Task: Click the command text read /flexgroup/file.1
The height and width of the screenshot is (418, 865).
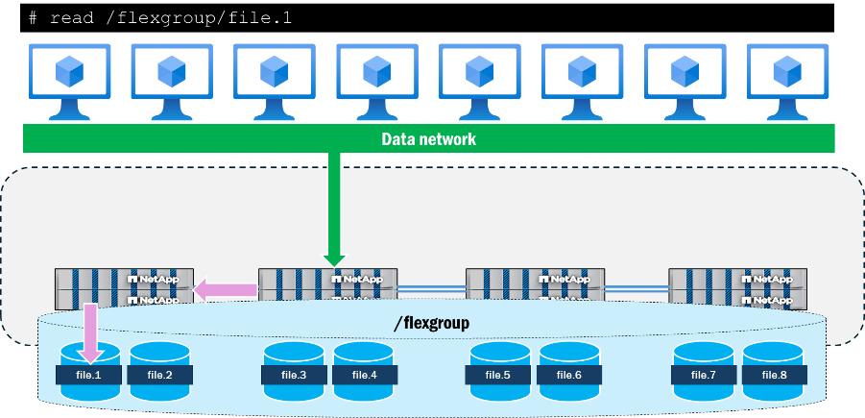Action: [x=158, y=18]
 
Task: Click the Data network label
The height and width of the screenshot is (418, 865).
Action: [x=428, y=139]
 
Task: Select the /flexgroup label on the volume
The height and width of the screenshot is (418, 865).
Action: [x=431, y=324]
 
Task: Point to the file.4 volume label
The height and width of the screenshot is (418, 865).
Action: [x=365, y=375]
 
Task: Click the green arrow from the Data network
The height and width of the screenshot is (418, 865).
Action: [x=334, y=207]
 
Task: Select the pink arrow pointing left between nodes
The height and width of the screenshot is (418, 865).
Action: [x=226, y=289]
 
